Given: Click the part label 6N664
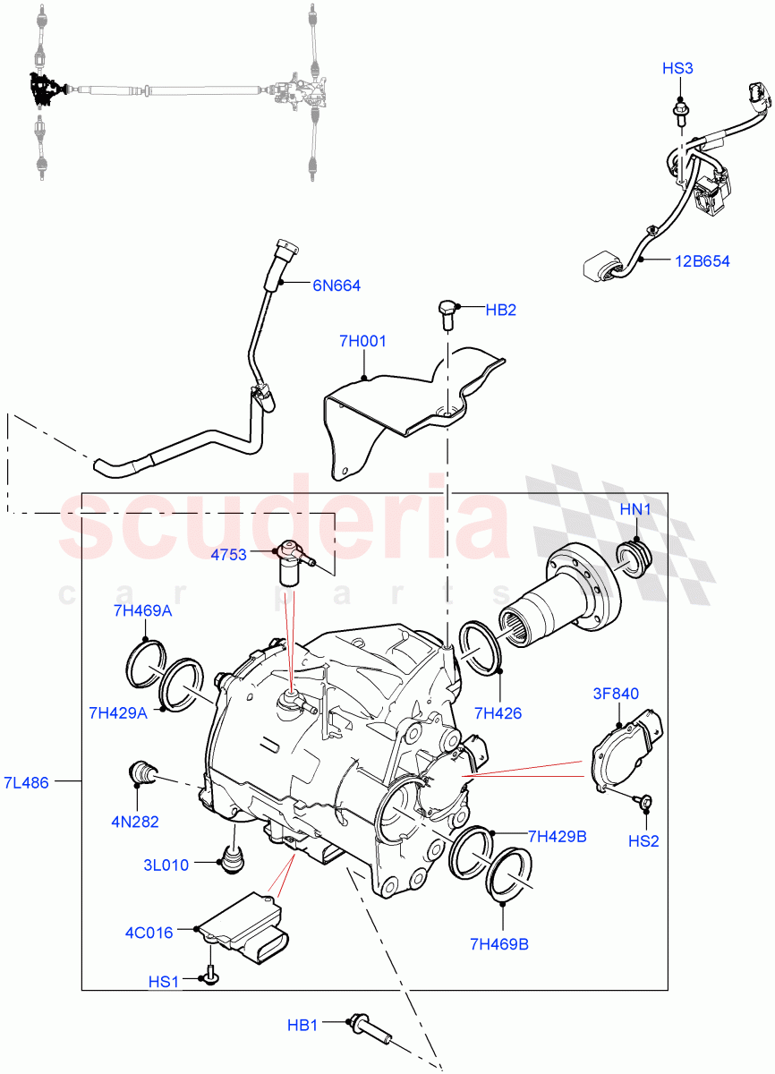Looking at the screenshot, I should click(x=336, y=286).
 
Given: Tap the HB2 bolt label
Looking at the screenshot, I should click(x=500, y=310).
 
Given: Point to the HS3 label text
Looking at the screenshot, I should click(x=677, y=68).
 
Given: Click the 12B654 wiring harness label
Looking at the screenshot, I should click(x=703, y=261).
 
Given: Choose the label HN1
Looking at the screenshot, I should click(x=634, y=509).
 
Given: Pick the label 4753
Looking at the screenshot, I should click(x=228, y=555).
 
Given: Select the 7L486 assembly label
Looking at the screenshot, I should click(x=27, y=782).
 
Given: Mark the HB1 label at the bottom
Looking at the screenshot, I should click(x=302, y=1025).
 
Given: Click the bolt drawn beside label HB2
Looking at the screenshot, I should click(x=446, y=312).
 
